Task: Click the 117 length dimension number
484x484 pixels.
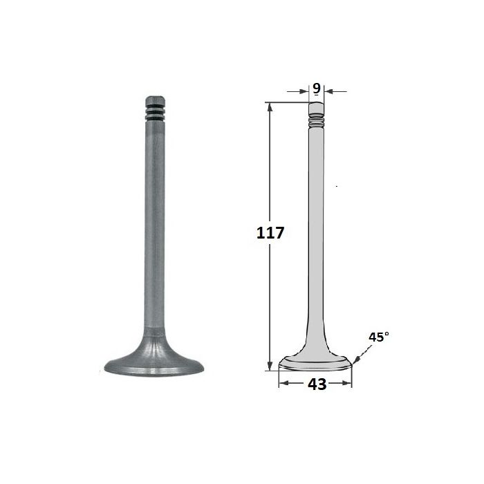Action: pos(270,233)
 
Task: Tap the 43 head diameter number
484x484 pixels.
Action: pos(317,384)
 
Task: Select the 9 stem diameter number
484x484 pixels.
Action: pos(317,89)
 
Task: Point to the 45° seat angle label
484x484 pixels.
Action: pos(379,337)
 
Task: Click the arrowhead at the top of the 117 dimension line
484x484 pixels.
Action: pos(270,106)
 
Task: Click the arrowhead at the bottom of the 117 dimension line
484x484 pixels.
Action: pos(270,366)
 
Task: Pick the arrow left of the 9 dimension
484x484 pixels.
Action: pos(298,91)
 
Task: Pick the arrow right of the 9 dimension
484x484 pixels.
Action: pos(336,91)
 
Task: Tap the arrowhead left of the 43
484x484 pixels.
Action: pos(283,383)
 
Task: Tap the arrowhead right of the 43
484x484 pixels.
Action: pos(347,383)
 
